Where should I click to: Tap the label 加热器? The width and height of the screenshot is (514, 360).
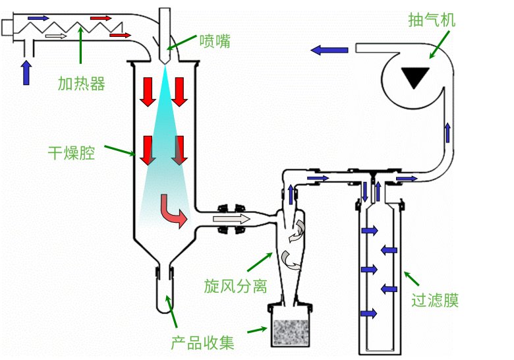82,84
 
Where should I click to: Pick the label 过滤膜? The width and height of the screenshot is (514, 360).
435,301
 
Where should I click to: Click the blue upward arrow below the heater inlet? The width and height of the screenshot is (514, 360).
26,72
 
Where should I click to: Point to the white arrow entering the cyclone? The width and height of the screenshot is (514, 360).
241,219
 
